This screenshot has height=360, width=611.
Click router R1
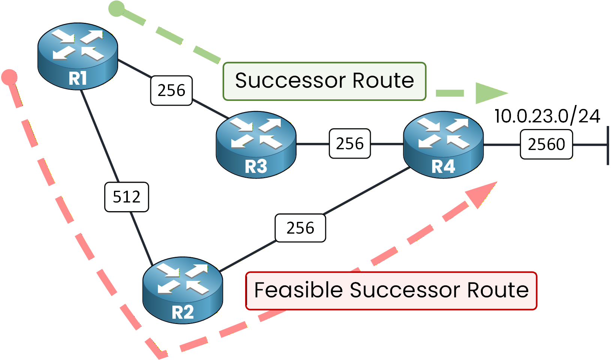tap(78, 56)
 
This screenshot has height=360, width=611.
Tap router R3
tap(256, 144)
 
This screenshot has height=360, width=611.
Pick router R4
tap(443, 144)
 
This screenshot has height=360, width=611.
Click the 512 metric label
tap(127, 197)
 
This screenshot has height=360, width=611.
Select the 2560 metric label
tap(546, 144)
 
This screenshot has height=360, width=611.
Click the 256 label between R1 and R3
tap(171, 90)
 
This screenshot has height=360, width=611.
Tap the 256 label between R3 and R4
tap(350, 144)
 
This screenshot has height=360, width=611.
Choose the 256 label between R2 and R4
tap(300, 228)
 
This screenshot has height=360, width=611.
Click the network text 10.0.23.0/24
tap(547, 116)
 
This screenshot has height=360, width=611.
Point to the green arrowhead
tap(489, 93)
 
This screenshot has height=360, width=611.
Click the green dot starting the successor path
tap(116, 9)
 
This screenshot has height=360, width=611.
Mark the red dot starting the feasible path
tap(9, 77)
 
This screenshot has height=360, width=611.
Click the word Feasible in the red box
tap(298, 290)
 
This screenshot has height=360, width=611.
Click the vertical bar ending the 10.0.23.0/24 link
tap(608, 145)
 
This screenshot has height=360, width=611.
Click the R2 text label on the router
tap(183, 312)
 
